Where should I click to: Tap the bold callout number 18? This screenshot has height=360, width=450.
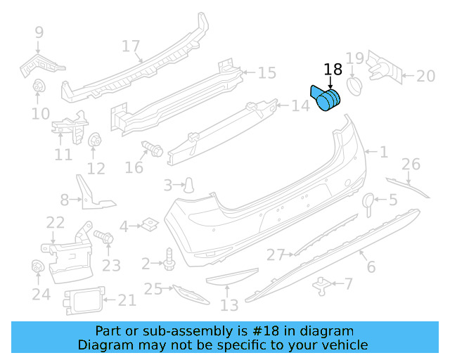333,70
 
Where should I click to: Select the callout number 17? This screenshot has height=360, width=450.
131,46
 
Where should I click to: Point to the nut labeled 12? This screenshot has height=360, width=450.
94,142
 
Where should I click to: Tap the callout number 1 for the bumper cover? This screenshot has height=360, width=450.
383,151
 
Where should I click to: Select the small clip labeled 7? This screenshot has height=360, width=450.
322,283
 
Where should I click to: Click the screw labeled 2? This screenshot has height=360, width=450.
169,259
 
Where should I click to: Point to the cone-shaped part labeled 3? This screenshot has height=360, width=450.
188,185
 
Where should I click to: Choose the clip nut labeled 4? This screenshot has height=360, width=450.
148,225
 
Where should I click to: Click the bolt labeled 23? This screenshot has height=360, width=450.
103,239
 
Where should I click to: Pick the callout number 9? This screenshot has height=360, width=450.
39,32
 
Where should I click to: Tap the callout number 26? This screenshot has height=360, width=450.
411,165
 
